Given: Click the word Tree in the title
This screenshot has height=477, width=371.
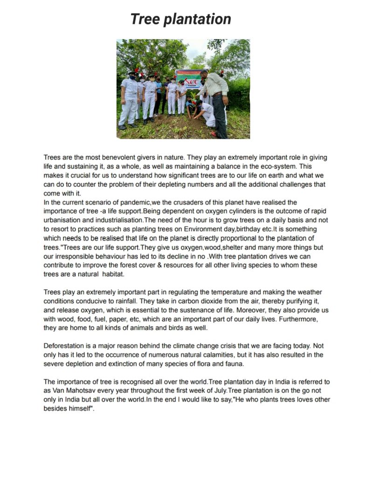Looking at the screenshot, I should point(145,19).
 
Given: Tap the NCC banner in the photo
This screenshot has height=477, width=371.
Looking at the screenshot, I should point(189,79).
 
